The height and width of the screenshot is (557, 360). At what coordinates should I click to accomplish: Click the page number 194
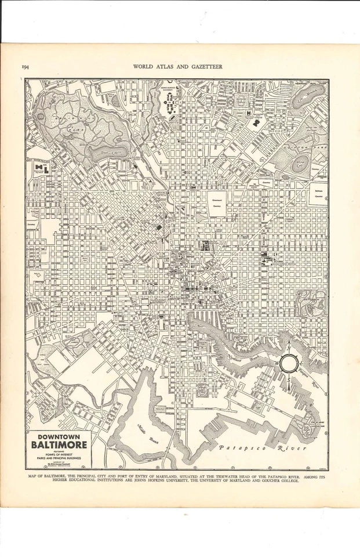26,67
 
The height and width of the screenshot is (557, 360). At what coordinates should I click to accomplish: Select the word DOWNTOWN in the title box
57,437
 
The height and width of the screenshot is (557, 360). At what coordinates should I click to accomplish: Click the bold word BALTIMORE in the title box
57,445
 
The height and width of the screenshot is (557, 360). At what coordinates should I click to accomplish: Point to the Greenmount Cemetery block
217,203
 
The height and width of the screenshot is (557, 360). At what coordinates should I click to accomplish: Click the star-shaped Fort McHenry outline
310,431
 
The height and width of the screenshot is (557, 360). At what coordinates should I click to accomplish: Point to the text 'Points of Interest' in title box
57,454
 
